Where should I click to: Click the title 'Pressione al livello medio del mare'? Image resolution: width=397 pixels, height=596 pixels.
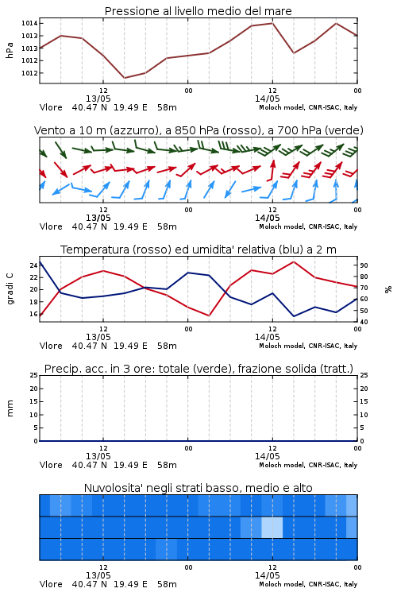198,11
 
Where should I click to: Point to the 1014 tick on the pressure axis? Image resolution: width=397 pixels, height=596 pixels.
29,23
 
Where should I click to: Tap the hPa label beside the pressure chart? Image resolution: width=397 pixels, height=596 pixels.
10,50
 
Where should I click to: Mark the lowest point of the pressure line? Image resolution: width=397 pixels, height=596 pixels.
124,78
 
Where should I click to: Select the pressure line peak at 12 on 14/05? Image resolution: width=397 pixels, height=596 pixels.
272,23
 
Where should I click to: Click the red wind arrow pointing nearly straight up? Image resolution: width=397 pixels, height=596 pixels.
271,170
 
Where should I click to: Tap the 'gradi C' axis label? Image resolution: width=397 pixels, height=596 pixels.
10,289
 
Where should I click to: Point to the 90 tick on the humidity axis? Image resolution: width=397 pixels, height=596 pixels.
364,265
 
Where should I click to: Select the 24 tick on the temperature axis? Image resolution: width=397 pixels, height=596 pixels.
33,265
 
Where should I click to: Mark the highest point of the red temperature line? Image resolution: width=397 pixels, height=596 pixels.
294,261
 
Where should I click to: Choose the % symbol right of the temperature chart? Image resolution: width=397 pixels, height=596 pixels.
388,289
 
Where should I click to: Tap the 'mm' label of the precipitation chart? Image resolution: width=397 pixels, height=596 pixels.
10,408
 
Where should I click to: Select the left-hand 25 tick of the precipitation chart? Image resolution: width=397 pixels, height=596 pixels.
33,375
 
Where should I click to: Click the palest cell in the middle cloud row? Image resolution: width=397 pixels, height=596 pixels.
272,527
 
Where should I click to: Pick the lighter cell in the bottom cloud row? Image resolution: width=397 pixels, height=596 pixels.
167,549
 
